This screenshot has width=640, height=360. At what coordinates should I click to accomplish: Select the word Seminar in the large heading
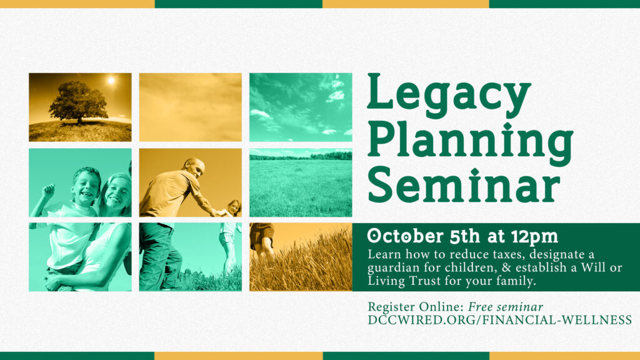(464, 185)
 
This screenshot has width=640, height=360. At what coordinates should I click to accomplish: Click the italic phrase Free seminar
(505, 307)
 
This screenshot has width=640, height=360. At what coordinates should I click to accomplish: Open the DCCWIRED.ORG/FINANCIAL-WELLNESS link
(499, 320)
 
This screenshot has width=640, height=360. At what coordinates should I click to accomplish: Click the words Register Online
(416, 307)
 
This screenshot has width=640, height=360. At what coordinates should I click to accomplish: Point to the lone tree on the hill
(78, 102)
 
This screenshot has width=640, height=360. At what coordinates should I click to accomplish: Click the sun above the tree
(111, 81)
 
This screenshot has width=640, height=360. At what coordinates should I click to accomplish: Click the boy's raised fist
(49, 190)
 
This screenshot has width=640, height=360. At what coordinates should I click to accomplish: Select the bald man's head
(195, 166)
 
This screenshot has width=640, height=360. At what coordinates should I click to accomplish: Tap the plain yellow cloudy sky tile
(190, 107)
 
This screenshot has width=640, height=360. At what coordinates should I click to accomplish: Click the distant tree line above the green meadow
(301, 156)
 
